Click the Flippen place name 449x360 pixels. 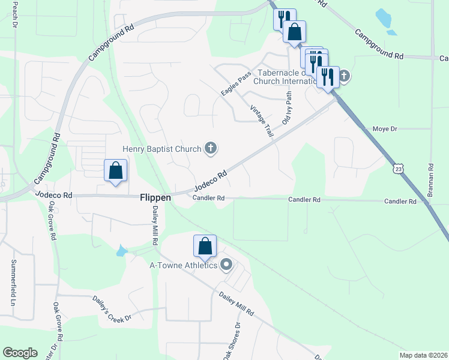click(x=155, y=197)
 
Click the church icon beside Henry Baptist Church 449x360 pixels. click(x=210, y=148)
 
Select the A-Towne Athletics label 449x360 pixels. click(x=183, y=265)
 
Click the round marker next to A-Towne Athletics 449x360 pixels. click(x=226, y=264)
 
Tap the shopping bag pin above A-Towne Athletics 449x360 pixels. click(x=205, y=246)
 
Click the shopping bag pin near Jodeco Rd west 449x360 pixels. click(x=116, y=170)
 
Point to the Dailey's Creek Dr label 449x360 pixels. click(x=111, y=308)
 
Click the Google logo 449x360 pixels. click(x=20, y=353)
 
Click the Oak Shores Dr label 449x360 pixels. click(x=232, y=342)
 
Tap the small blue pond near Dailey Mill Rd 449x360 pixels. click(x=121, y=251)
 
